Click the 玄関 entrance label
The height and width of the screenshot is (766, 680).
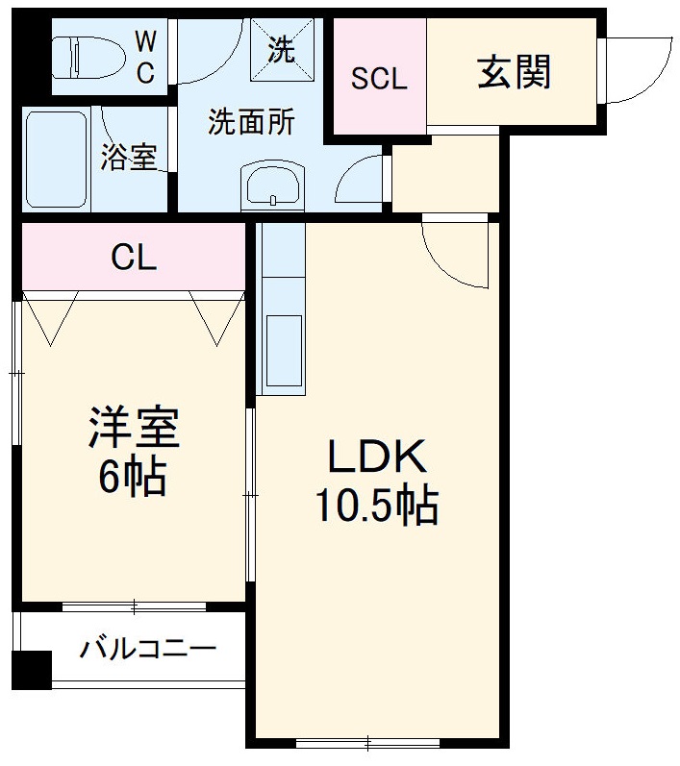tap(514, 73)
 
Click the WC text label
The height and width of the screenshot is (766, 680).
tap(144, 58)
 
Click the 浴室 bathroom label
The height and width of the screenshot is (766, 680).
tap(128, 158)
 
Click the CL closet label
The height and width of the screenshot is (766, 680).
tap(134, 257)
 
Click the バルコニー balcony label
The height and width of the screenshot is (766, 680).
tap(147, 648)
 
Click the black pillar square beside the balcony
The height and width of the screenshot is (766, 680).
tap(32, 669)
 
